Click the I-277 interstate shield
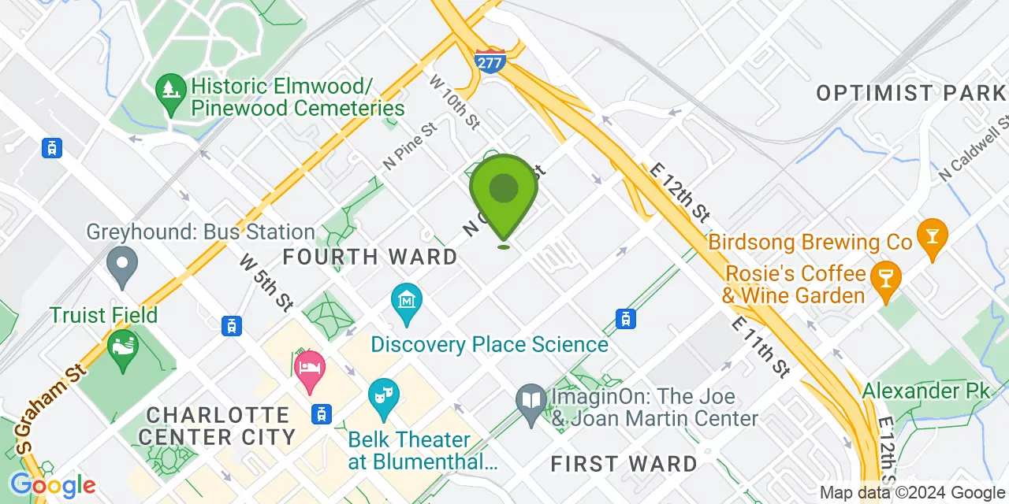tap(490, 61)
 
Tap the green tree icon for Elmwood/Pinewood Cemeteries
tap(169, 87)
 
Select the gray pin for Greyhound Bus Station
tap(122, 266)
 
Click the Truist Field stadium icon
tap(122, 349)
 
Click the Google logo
tap(53, 485)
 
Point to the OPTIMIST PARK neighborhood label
tap(910, 93)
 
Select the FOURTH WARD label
tap(370, 257)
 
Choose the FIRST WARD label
tap(624, 464)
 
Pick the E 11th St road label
tap(760, 346)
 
